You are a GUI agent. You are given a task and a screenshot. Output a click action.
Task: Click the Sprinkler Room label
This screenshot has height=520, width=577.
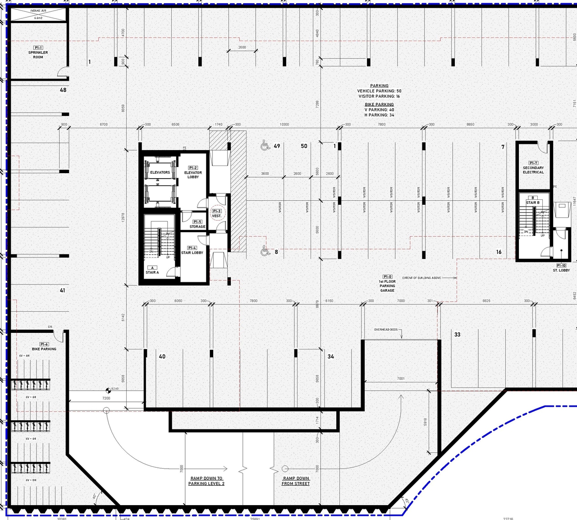tap(38, 53)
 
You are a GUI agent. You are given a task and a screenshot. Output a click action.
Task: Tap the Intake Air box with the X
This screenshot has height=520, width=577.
tap(38, 14)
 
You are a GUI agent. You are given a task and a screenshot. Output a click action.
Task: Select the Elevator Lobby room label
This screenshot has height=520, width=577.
tap(193, 173)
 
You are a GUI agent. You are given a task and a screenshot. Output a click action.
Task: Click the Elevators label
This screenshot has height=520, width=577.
tap(160, 172)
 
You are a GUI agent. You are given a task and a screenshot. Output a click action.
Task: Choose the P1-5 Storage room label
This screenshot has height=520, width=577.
tap(197, 225)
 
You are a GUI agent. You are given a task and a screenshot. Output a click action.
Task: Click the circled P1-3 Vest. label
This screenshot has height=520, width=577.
tap(217, 213)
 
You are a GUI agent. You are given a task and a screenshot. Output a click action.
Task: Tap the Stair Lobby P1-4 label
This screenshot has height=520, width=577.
tap(192, 251)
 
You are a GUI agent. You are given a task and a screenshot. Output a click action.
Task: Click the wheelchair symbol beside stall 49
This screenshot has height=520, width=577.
tap(265, 145)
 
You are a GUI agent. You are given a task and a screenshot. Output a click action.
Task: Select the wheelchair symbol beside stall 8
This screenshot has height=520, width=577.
tap(265, 251)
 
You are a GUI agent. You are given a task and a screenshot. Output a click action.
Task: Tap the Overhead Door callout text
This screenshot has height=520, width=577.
tap(386, 330)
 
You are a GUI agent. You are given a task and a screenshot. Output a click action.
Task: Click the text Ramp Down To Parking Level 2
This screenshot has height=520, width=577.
tap(206, 481)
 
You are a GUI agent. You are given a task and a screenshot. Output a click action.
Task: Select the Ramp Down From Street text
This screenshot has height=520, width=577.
tap(296, 481)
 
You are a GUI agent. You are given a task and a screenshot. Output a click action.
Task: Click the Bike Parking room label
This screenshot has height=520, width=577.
tap(44, 347)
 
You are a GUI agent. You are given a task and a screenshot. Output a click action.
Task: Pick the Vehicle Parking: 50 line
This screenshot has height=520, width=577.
tap(379, 91)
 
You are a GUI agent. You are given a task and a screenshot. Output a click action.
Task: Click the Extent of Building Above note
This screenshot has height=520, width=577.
tap(421, 278)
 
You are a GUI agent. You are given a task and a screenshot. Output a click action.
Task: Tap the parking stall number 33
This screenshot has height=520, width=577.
tap(458, 335)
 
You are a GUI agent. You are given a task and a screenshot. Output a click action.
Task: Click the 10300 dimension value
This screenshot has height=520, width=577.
tap(284, 124)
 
